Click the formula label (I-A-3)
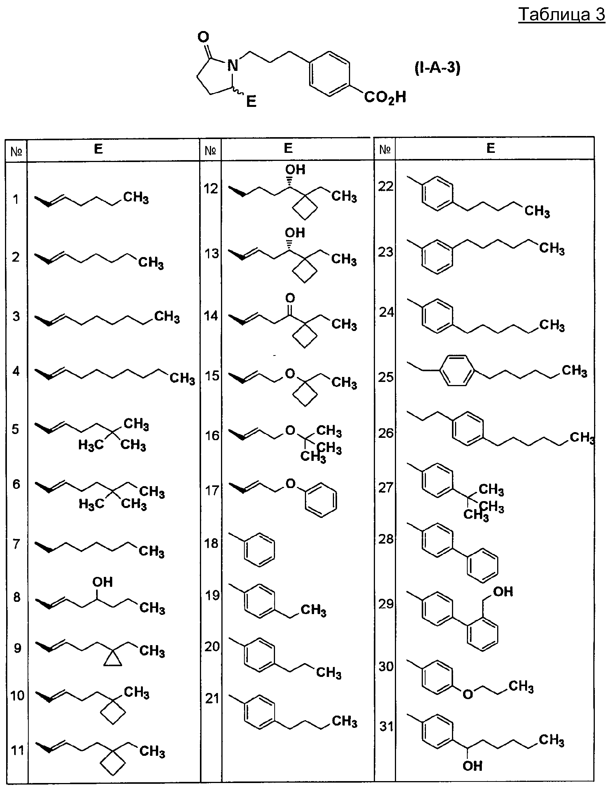(437, 68)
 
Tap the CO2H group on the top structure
(385, 98)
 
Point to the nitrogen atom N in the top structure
(232, 66)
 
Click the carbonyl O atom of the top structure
(203, 37)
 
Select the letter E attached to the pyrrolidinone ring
(251, 102)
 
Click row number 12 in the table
(211, 188)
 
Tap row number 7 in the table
(16, 544)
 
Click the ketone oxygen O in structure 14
(290, 298)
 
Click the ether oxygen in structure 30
(468, 694)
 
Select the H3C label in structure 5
(91, 445)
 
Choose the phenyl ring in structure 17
(321, 500)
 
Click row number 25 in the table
(386, 377)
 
